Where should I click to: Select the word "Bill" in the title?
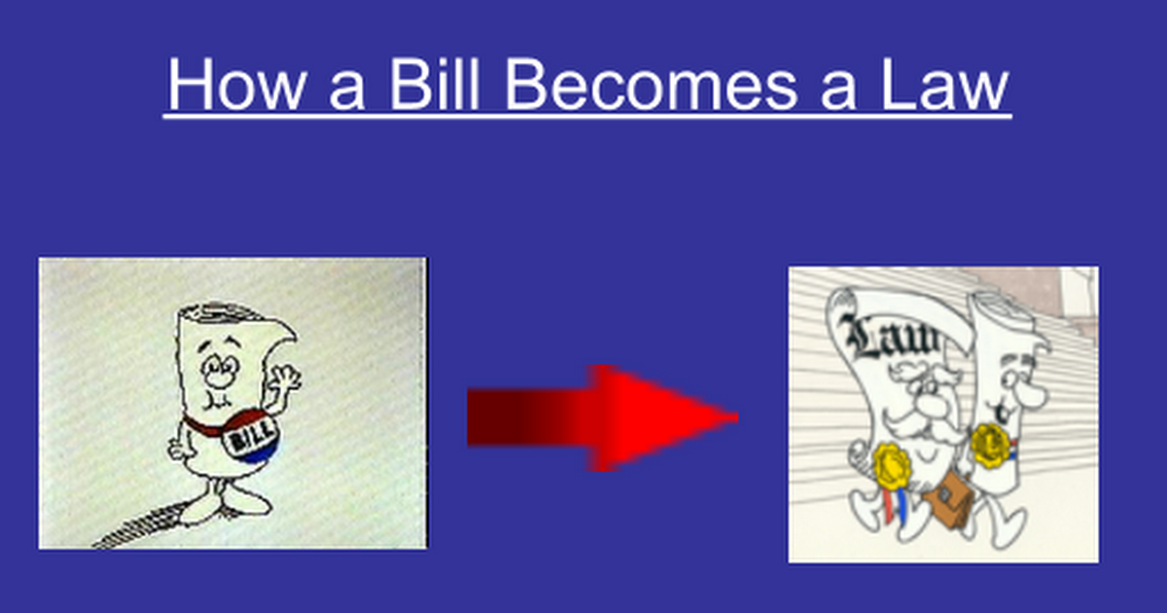click(x=433, y=84)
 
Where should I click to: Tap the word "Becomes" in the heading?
click(x=652, y=84)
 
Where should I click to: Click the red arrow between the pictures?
click(x=602, y=418)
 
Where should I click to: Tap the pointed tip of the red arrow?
click(x=737, y=417)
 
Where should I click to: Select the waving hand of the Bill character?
click(x=284, y=378)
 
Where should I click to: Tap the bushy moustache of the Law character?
click(x=921, y=426)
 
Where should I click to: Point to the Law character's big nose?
click(x=933, y=405)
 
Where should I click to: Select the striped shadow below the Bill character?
click(x=141, y=527)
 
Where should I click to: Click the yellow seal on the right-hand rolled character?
click(x=989, y=445)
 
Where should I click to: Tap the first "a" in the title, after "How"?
click(x=346, y=90)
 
